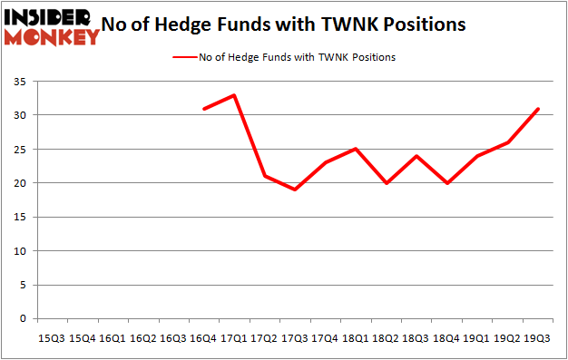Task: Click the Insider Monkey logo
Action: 52,26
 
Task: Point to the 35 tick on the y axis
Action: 18,82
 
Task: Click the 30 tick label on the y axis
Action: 18,115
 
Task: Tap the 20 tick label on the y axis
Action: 18,183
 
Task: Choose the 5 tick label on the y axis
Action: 21,285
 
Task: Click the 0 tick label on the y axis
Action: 21,319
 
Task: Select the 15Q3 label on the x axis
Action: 51,338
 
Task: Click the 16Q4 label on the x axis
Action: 204,338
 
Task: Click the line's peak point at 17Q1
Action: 234,95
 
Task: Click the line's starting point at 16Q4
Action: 204,109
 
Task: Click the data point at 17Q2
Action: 265,176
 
